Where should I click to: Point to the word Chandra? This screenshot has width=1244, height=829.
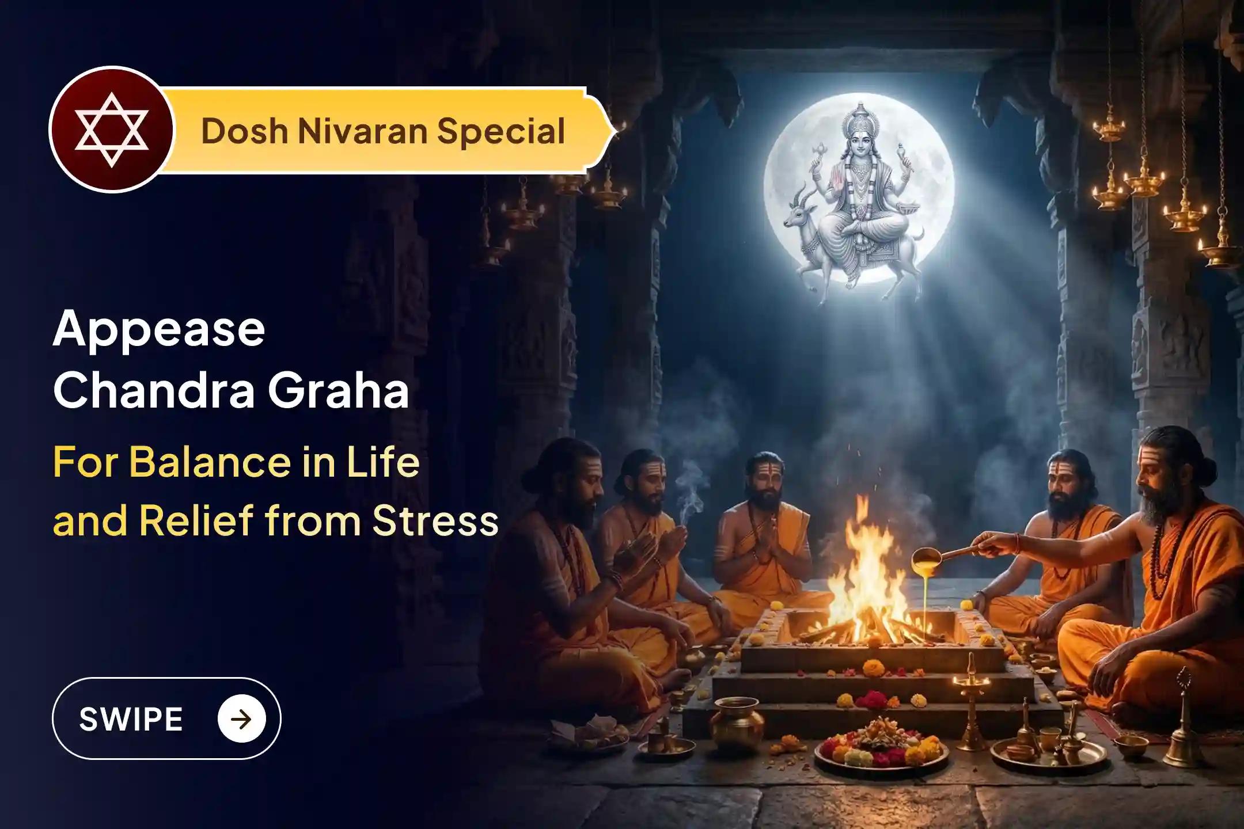pyautogui.click(x=154, y=391)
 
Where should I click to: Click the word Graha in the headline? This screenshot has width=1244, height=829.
pyautogui.click(x=339, y=391)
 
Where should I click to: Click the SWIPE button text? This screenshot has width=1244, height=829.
pyautogui.click(x=131, y=719)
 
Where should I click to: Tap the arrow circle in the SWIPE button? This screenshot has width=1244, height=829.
pyautogui.click(x=242, y=719)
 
